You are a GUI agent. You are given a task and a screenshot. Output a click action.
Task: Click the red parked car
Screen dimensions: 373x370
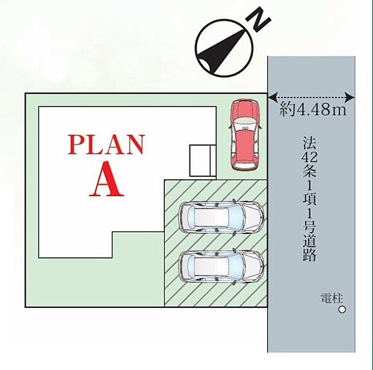click(244, 135)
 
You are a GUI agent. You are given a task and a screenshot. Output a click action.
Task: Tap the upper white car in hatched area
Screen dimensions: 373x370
click(221, 217)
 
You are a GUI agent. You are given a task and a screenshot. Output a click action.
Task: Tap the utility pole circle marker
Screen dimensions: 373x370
click(342, 310)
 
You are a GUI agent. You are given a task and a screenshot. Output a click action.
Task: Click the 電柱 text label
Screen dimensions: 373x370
click(331, 298)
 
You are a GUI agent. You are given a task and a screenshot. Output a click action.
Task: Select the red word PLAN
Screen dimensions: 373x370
click(106, 144)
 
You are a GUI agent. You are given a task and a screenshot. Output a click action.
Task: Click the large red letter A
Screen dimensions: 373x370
click(106, 179)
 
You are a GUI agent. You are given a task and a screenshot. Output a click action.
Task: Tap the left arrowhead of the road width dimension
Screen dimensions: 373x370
click(273, 97)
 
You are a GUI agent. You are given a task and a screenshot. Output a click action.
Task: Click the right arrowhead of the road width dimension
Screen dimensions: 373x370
click(350, 97)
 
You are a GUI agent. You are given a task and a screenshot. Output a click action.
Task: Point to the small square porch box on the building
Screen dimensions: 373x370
click(202, 161)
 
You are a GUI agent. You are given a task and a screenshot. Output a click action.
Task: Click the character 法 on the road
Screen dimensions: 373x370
click(309, 143)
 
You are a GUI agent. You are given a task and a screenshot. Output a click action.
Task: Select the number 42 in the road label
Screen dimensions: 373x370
click(309, 157)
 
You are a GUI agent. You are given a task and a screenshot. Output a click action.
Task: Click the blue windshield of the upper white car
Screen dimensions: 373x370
click(235, 217)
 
